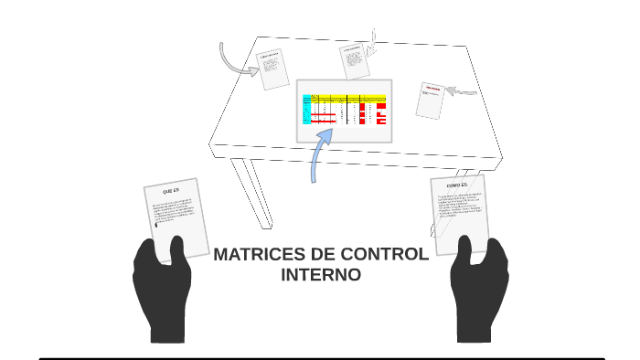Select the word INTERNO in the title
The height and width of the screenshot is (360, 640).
[320, 274]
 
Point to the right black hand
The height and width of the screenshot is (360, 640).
[479, 291]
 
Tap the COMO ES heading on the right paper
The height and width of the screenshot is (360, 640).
[457, 185]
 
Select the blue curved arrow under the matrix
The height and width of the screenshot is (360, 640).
[319, 155]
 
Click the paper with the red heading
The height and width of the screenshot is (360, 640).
[430, 100]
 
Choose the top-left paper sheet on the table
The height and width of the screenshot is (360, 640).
[272, 69]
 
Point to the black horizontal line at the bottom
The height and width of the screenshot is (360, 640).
[320, 358]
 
